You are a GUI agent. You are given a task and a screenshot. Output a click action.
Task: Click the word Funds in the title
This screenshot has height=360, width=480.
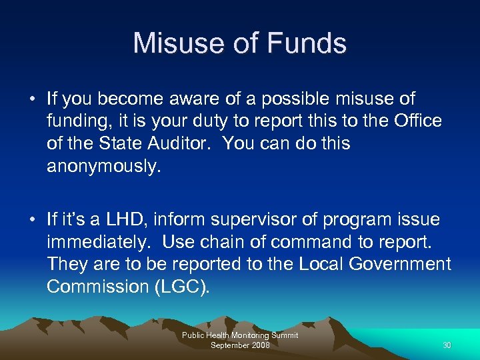pyautogui.click(x=308, y=43)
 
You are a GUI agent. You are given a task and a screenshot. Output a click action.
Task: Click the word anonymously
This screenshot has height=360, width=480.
pyautogui.click(x=103, y=167)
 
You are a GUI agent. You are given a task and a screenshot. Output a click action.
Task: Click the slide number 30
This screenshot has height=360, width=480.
pyautogui.click(x=447, y=345)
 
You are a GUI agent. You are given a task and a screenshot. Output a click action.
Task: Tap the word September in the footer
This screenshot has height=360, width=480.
pyautogui.click(x=227, y=345)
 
